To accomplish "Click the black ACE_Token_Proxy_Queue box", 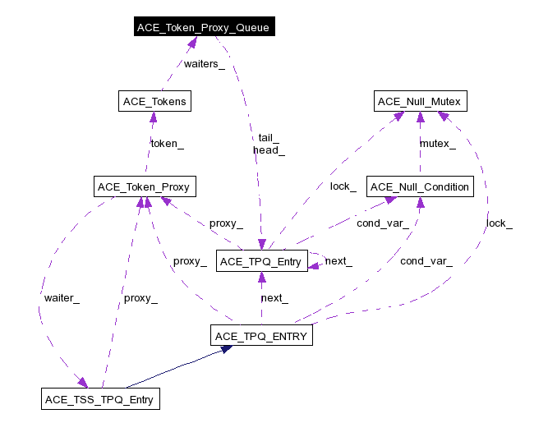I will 203,28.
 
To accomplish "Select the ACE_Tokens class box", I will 154,102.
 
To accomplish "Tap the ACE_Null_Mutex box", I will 421,102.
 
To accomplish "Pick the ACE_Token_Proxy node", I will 144,187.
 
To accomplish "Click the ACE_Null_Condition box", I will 420,187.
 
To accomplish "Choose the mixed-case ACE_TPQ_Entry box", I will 262,261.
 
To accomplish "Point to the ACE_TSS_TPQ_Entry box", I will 99,400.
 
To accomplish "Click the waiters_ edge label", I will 204,64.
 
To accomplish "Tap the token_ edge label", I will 167,143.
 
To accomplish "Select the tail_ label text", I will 269,138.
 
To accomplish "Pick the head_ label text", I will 269,150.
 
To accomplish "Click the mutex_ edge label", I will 438,144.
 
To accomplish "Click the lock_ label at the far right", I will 499,223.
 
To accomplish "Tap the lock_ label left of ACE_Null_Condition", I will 343,186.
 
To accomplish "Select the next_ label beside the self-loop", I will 338,261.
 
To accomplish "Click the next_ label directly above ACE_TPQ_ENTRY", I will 274,298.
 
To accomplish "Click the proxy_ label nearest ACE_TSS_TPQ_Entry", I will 140,298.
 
